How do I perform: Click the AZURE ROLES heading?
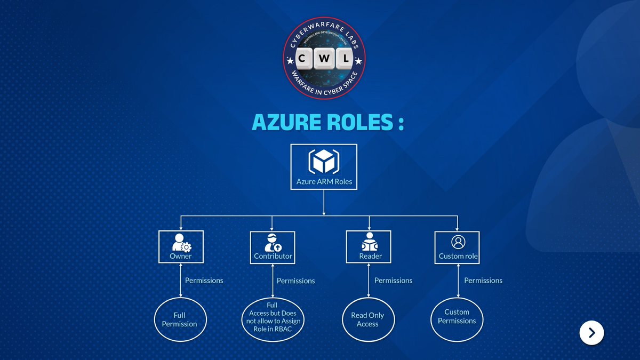327,122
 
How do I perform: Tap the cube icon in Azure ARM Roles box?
324,161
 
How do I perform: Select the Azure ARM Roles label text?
324,181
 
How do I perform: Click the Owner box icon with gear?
181,243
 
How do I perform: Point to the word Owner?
181,256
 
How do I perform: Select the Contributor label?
273,256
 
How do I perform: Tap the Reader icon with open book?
369,243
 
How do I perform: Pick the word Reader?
370,256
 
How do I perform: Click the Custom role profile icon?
458,242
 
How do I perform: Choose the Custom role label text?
458,256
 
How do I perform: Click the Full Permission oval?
180,319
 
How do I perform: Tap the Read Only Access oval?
367,319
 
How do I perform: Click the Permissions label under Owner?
204,280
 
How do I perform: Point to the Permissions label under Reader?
393,280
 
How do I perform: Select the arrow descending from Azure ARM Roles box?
324,203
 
